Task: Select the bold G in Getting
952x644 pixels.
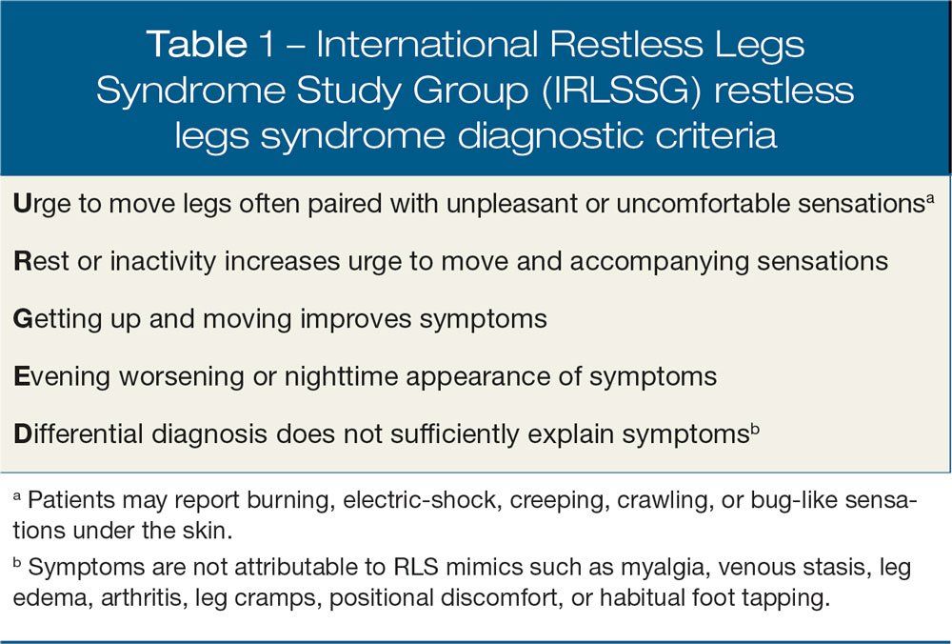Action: pyautogui.click(x=23, y=318)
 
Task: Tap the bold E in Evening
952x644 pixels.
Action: pyautogui.click(x=21, y=375)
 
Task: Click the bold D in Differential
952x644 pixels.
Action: pyautogui.click(x=22, y=433)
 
